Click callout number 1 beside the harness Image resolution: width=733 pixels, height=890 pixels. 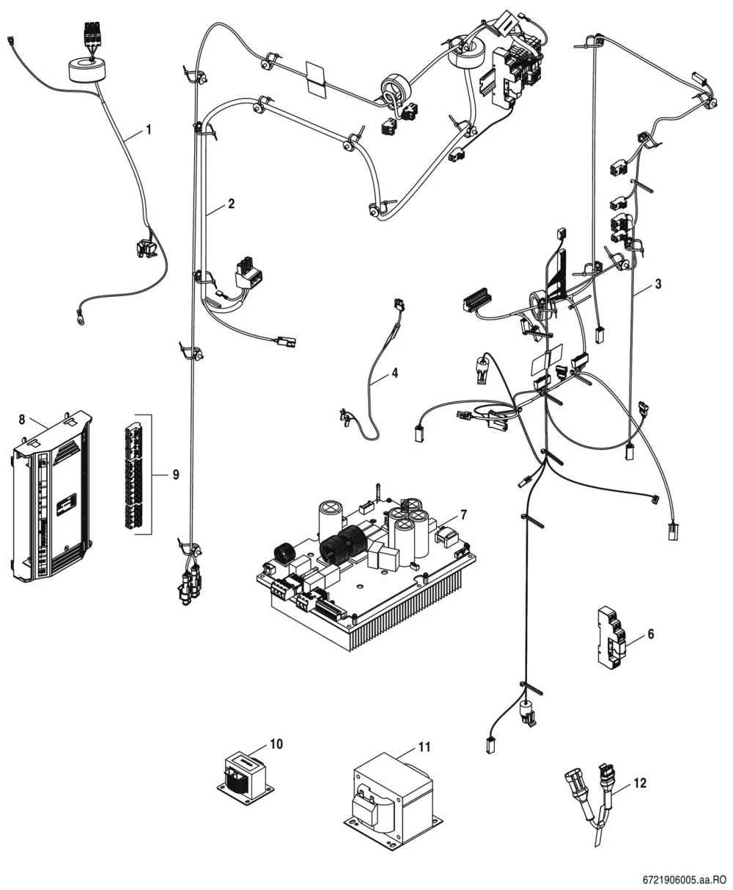(x=148, y=130)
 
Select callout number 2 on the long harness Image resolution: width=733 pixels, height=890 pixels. (x=231, y=204)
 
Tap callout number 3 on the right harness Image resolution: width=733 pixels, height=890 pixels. (x=658, y=284)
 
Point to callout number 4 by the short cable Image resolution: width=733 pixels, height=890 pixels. (x=395, y=373)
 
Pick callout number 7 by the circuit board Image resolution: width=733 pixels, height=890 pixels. (x=463, y=515)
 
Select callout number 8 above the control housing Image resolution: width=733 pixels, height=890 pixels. (x=22, y=420)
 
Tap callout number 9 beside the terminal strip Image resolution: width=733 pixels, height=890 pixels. (x=176, y=475)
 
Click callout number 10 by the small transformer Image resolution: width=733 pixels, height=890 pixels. (x=276, y=744)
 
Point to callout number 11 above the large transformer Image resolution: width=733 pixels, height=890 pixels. (x=424, y=747)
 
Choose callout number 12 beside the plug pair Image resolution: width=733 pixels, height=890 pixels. (x=640, y=783)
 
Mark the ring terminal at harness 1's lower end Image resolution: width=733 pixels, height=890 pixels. (x=79, y=313)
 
